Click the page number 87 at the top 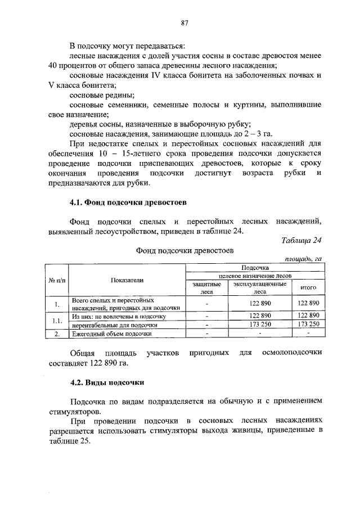point(183,23)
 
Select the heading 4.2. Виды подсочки point(107,382)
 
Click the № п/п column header point(57,280)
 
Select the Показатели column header point(127,280)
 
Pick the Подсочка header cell point(255,268)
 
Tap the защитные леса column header point(206,288)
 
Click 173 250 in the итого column point(308,325)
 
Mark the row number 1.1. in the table point(57,320)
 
